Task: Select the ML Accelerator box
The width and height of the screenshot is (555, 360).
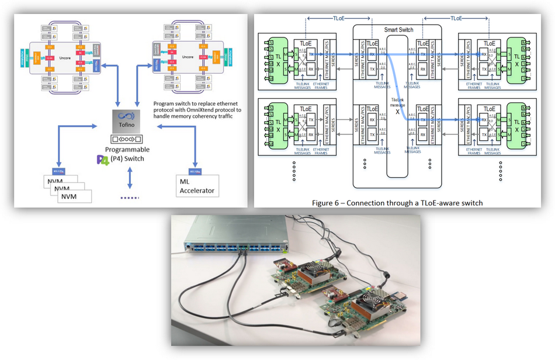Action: (x=196, y=186)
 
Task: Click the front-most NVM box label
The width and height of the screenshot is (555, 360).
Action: (x=74, y=197)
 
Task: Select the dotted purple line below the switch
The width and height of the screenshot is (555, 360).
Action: (x=129, y=198)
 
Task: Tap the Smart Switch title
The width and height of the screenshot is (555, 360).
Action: (x=397, y=29)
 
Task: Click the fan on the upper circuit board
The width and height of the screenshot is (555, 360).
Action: (x=314, y=268)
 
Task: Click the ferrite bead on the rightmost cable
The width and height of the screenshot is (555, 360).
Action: (x=386, y=273)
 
